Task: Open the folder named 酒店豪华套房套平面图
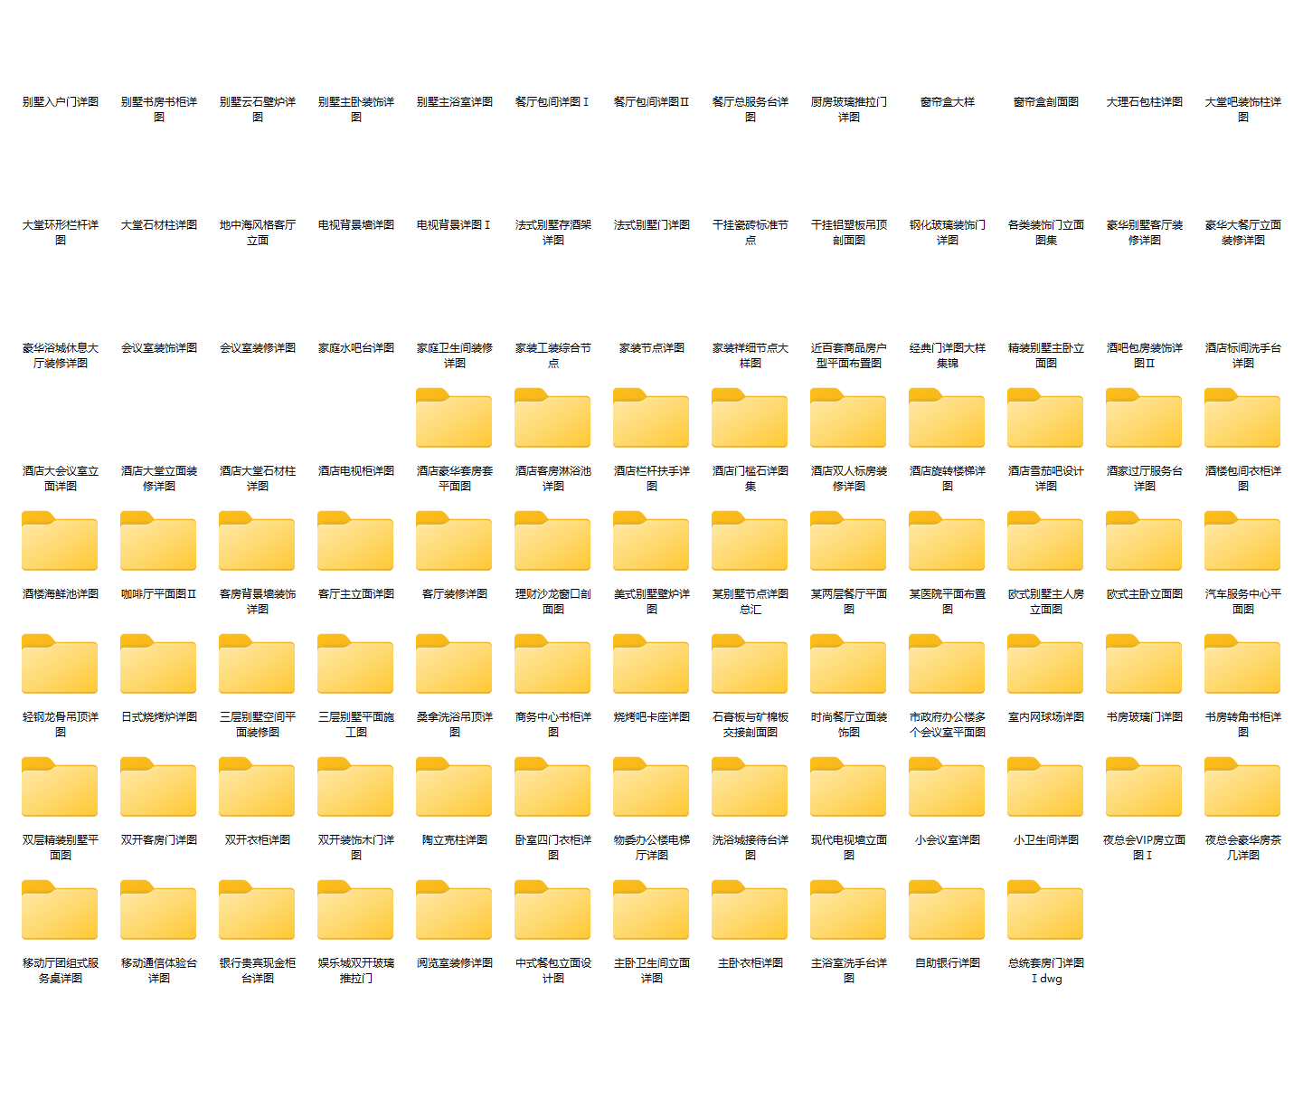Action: pyautogui.click(x=454, y=419)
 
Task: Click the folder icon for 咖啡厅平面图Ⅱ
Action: pyautogui.click(x=158, y=542)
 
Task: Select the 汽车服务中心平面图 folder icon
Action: pyautogui.click(x=1242, y=542)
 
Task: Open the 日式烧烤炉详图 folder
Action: pyautogui.click(x=158, y=665)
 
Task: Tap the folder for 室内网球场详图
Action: pyautogui.click(x=1045, y=665)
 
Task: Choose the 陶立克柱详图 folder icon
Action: pyautogui.click(x=454, y=788)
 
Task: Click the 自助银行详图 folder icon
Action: pyautogui.click(x=947, y=911)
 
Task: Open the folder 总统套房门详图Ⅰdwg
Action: pyautogui.click(x=1045, y=911)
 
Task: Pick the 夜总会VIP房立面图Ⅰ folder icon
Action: pyautogui.click(x=1144, y=788)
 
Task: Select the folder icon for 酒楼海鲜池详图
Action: pyautogui.click(x=60, y=542)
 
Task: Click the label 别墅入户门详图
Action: pyautogui.click(x=61, y=102)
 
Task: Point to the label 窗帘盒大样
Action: pyautogui.click(x=948, y=102)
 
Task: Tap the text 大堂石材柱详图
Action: pyautogui.click(x=159, y=225)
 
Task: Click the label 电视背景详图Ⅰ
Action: pyautogui.click(x=454, y=225)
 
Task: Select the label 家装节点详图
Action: pyautogui.click(x=652, y=348)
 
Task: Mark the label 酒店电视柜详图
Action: pyautogui.click(x=356, y=471)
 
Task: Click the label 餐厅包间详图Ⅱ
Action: pyautogui.click(x=652, y=102)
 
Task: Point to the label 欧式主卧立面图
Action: pyautogui.click(x=1145, y=594)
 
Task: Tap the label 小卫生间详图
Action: pyautogui.click(x=1046, y=840)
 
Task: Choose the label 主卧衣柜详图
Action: pyautogui.click(x=751, y=963)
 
